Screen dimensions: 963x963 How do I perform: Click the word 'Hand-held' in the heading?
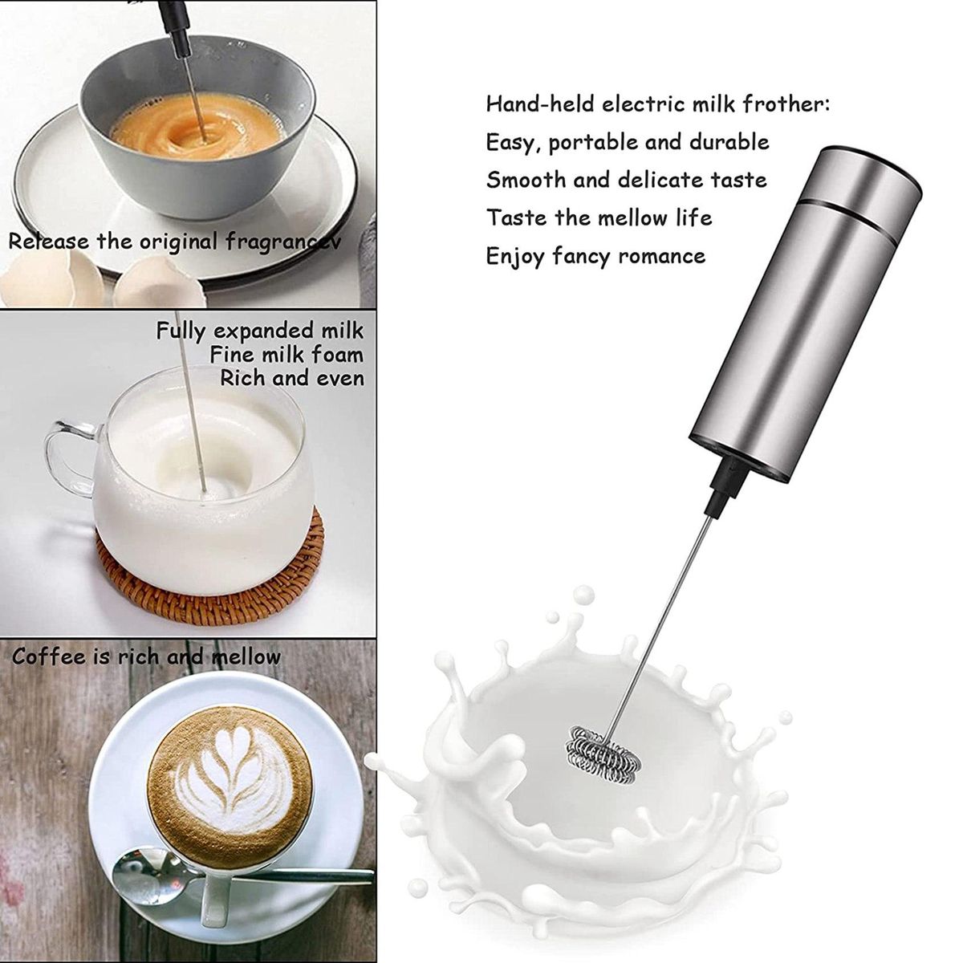point(540,104)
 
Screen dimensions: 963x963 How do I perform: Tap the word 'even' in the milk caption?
point(343,378)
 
